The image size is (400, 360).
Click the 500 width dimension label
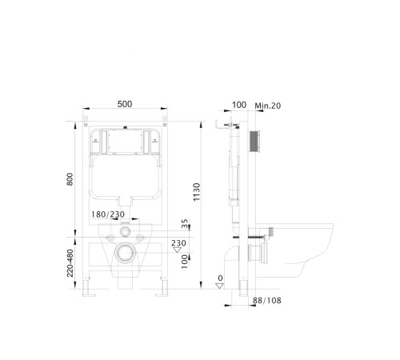(x=125, y=104)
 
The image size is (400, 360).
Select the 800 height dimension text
(x=70, y=179)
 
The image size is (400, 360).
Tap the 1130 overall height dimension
(x=197, y=192)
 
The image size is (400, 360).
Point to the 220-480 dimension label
(x=70, y=263)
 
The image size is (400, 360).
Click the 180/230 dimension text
(x=108, y=214)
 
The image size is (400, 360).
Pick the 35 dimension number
(x=185, y=223)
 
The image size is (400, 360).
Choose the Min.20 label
(x=268, y=106)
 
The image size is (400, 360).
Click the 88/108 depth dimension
(x=267, y=301)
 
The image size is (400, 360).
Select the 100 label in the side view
(x=239, y=105)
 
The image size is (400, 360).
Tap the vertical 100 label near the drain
(x=185, y=262)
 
